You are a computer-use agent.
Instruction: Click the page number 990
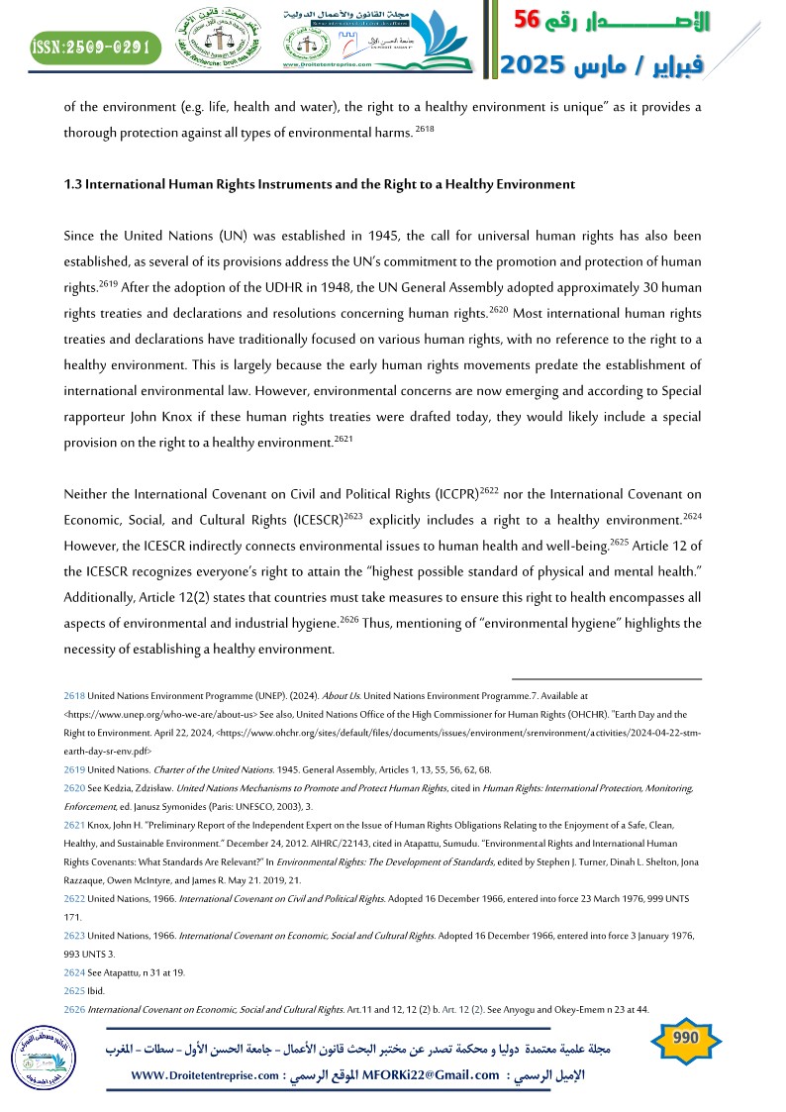click(686, 1038)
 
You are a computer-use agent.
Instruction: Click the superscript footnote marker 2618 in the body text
click(425, 130)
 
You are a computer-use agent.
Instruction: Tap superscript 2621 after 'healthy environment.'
click(344, 438)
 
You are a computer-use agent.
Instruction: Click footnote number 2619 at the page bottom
click(74, 768)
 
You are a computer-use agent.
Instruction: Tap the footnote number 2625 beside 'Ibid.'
click(74, 991)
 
